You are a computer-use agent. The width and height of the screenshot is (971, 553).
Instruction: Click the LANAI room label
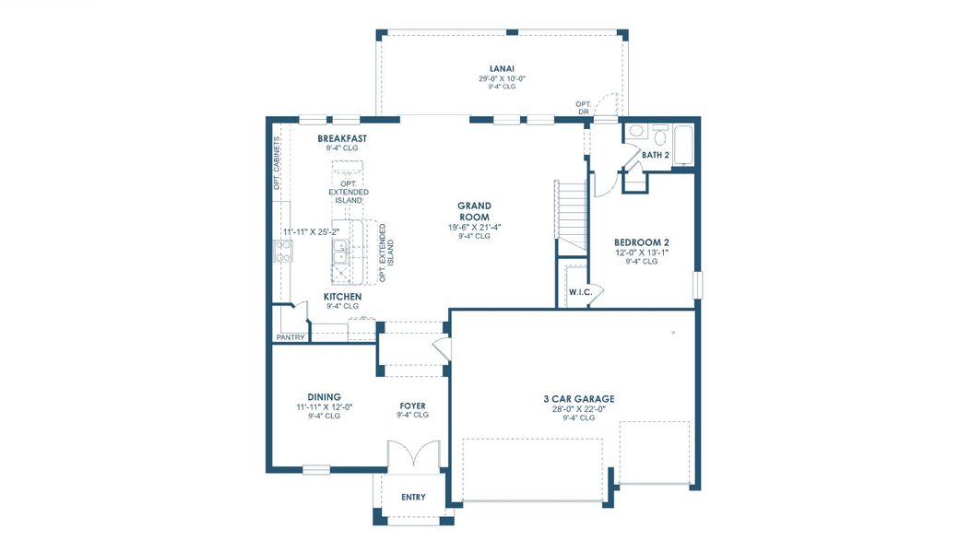point(502,67)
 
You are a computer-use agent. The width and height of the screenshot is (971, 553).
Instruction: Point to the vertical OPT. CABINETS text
point(277,163)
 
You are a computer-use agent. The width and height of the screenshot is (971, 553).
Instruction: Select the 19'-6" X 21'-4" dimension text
point(476,227)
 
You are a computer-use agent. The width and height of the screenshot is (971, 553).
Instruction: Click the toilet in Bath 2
point(660,135)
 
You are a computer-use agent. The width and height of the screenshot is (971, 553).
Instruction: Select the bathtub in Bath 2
point(683,146)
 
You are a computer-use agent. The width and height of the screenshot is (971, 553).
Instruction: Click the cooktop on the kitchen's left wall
point(283,251)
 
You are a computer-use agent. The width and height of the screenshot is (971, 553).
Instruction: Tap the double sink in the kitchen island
point(340,247)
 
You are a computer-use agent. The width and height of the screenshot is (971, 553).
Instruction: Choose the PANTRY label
point(290,337)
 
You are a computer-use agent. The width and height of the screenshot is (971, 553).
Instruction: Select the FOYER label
point(412,405)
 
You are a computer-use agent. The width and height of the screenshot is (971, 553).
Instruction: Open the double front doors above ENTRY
point(409,456)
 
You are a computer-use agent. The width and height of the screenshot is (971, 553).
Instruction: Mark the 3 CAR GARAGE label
point(578,399)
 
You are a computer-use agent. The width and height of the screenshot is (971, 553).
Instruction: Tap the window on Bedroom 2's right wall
point(697,283)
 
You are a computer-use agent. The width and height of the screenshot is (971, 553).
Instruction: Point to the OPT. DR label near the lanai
point(583,107)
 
